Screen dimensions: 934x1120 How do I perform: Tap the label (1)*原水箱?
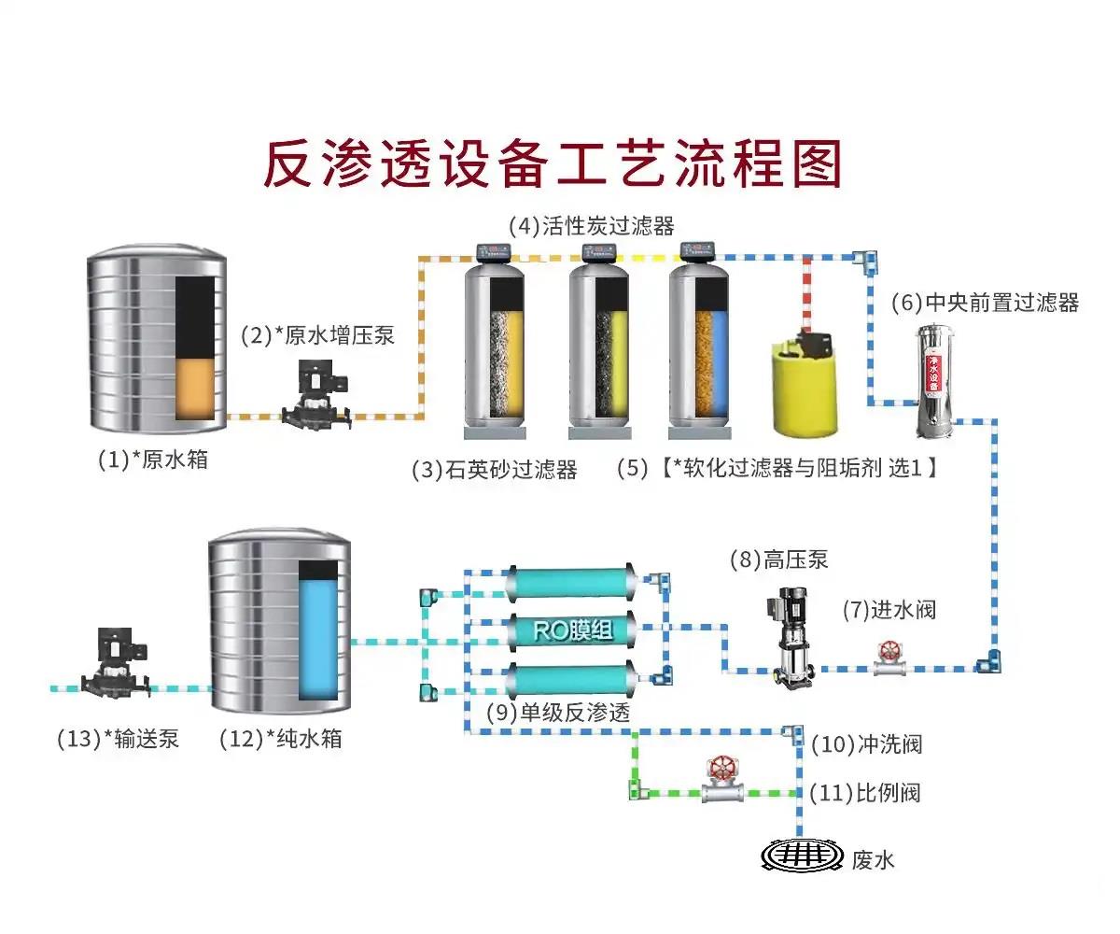[153, 460]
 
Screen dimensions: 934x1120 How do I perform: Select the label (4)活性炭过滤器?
[591, 226]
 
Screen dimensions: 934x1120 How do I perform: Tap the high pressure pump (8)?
[791, 635]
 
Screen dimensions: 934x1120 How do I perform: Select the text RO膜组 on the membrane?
[573, 631]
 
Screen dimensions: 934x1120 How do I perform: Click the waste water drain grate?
[800, 855]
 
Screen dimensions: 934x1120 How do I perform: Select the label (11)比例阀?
[864, 794]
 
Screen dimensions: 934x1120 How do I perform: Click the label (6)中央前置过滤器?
[985, 303]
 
